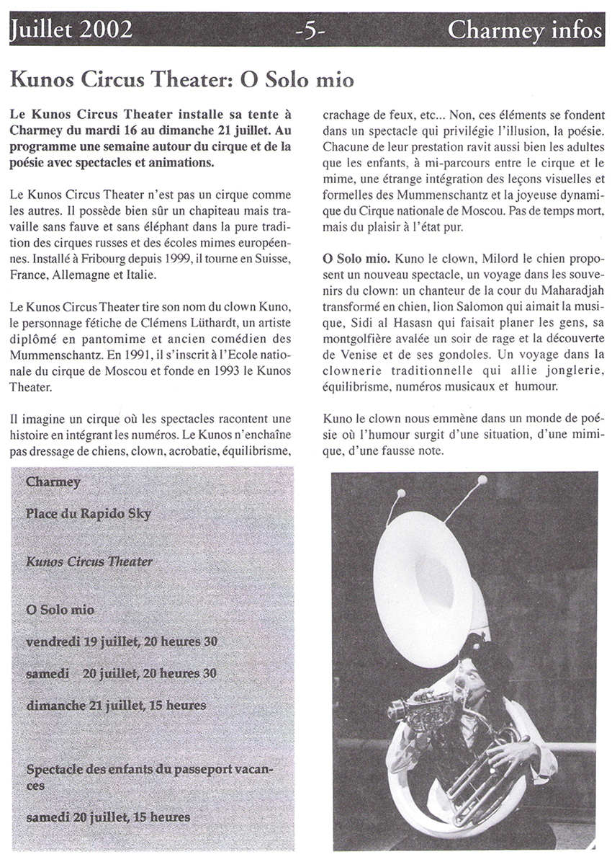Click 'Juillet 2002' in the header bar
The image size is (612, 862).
click(x=71, y=30)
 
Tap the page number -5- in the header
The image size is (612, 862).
click(x=310, y=31)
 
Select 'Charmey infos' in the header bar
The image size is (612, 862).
click(x=525, y=30)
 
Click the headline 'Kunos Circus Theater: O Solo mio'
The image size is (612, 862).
click(x=183, y=79)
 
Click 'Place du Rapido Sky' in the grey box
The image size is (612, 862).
click(x=88, y=514)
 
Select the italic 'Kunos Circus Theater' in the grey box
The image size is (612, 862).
click(x=89, y=561)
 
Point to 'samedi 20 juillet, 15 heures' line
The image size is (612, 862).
click(x=108, y=817)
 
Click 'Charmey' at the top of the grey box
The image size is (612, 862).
click(x=53, y=482)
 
